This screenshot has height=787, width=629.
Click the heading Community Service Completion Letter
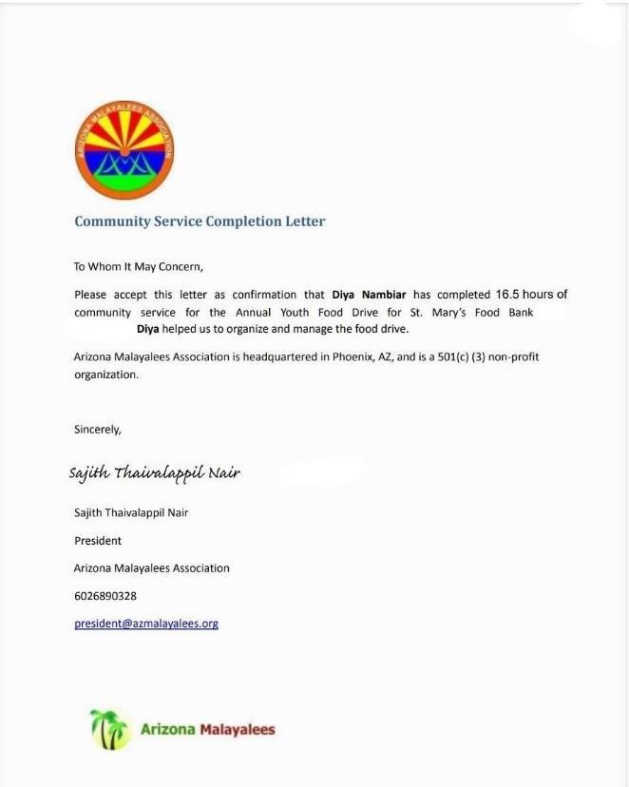coord(200,221)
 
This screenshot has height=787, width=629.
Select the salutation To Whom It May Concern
coord(139,267)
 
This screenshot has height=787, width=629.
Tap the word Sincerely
coord(98,429)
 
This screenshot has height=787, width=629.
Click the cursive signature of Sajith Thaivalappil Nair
coord(154,472)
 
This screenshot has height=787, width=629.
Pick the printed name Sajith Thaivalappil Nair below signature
coord(131,512)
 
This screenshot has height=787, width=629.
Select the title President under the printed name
coord(98,540)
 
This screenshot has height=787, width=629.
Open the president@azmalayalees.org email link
coord(146,624)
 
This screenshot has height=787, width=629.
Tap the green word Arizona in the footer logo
coord(167,730)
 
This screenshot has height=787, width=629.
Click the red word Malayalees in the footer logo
coord(237,730)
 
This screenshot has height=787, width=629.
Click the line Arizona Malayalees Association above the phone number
coord(152,568)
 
